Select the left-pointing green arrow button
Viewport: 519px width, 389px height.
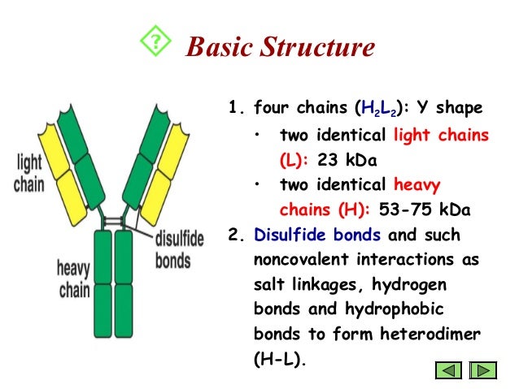tap(450, 371)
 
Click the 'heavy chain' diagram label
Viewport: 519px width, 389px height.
tap(73, 278)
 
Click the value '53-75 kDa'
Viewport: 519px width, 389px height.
tap(430, 210)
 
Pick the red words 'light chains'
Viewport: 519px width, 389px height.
tap(440, 134)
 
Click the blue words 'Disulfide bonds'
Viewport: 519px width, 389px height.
tap(317, 236)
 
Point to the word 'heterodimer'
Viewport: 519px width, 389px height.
tap(437, 334)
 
